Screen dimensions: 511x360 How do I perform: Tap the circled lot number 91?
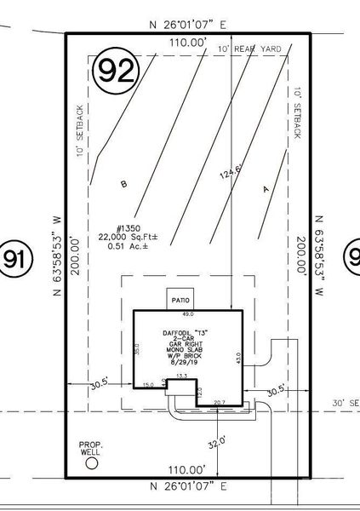click(x=12, y=259)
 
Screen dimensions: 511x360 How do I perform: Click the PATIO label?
click(x=179, y=301)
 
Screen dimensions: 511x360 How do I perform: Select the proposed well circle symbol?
click(x=92, y=464)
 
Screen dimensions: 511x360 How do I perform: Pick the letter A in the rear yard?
click(x=266, y=190)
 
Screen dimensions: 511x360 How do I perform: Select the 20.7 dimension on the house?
click(x=220, y=402)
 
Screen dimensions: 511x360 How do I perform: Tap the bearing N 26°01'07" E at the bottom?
click(x=187, y=487)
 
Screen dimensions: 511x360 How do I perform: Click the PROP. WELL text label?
click(x=90, y=448)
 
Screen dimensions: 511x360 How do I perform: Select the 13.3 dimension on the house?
click(x=180, y=376)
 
